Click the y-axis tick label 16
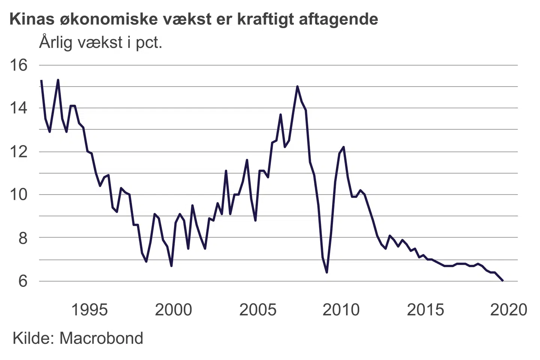(18, 65)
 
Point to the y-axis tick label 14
(18, 108)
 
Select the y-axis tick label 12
(18, 152)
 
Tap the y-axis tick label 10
(18, 195)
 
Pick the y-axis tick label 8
(23, 238)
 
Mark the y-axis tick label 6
(23, 281)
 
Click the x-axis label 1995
(89, 310)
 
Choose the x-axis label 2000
(173, 310)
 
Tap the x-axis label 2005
(258, 310)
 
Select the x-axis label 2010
(341, 310)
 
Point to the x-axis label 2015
(425, 310)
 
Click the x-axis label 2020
(509, 310)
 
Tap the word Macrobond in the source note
(101, 338)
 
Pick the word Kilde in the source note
(33, 338)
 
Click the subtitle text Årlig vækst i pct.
(100, 42)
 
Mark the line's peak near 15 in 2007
(297, 87)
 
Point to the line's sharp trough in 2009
(327, 272)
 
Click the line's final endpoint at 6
(503, 280)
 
